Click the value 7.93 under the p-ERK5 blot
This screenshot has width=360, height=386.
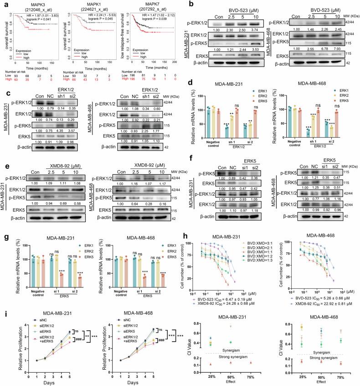(x=332, y=58)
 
